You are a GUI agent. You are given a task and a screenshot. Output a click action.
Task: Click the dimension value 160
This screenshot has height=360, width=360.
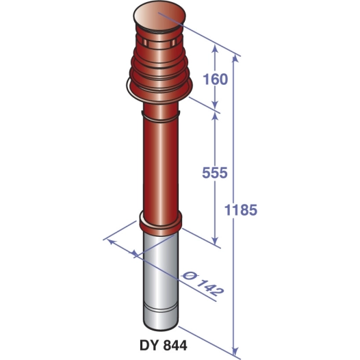pyautogui.click(x=215, y=79)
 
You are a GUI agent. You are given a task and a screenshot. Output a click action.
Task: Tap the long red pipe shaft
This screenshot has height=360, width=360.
pyautogui.click(x=158, y=164)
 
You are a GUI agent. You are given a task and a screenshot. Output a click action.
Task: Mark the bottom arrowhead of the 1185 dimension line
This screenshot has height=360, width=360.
pyautogui.click(x=237, y=350)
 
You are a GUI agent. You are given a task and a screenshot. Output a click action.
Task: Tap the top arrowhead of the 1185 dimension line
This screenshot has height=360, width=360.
pyautogui.click(x=237, y=61)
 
